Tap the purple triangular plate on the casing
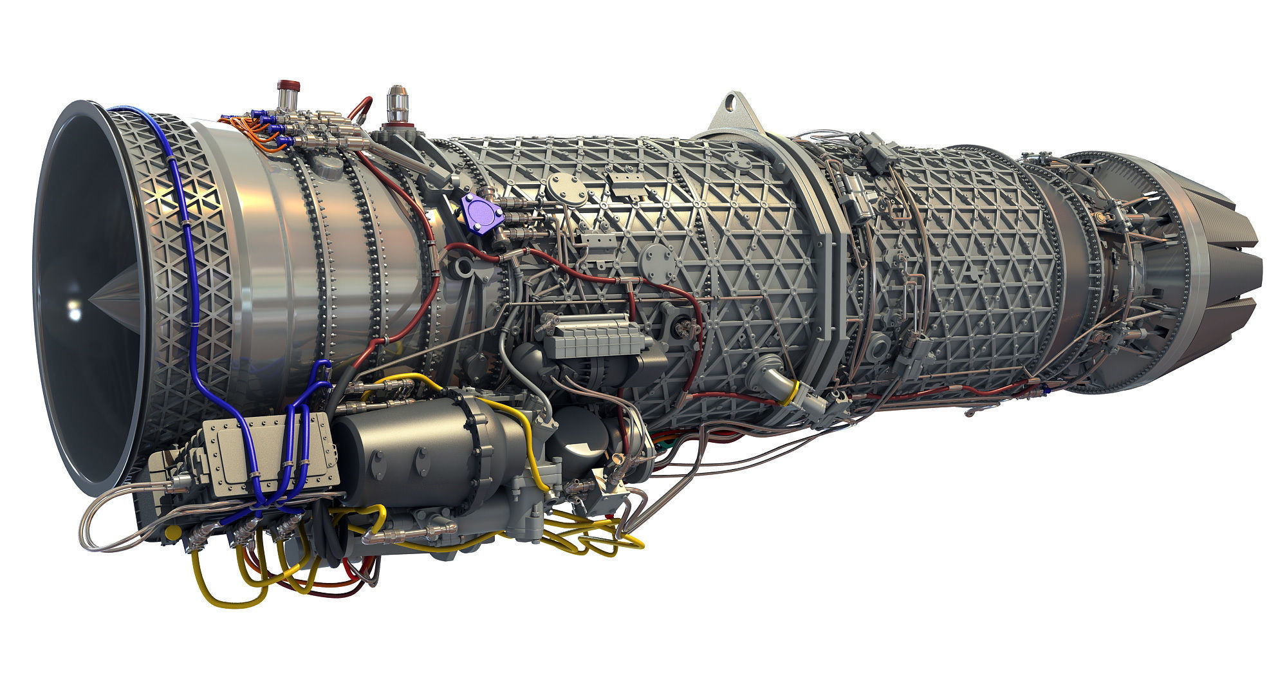click(481, 210)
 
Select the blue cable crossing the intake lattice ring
click(187, 245)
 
